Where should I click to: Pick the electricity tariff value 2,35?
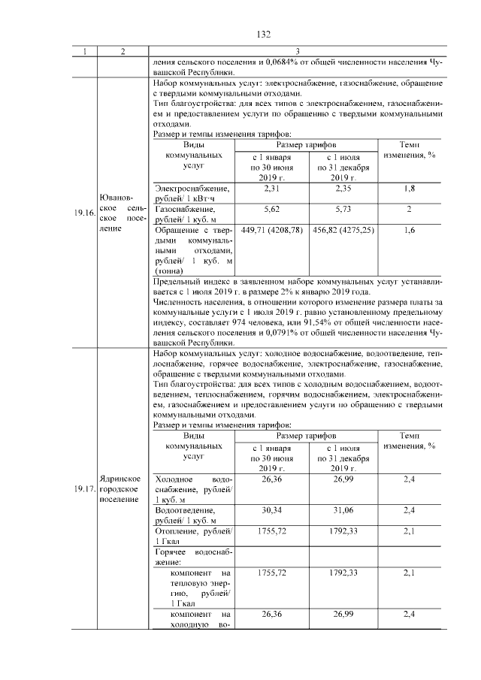tap(343, 188)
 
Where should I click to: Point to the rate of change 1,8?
tap(410, 188)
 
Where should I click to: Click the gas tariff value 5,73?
tap(343, 208)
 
